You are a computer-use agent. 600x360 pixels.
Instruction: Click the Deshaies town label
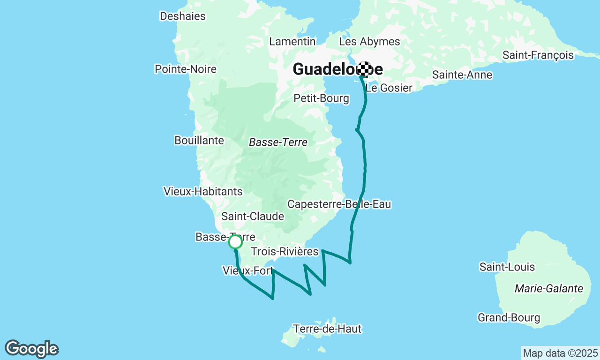click(182, 16)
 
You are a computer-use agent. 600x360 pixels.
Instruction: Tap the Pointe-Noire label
click(186, 69)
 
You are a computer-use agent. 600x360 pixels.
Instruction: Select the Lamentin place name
click(292, 41)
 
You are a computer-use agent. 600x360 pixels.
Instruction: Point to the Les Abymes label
click(369, 41)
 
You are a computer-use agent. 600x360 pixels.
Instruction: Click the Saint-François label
click(538, 55)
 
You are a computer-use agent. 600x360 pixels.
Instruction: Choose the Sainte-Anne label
click(462, 75)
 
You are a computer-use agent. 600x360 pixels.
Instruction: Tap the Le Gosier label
click(389, 88)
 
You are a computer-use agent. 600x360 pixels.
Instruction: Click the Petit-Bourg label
click(321, 98)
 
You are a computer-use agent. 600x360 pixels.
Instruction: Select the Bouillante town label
click(199, 140)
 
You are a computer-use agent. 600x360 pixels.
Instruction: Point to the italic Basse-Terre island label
click(278, 142)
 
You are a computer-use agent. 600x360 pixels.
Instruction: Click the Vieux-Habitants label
click(203, 191)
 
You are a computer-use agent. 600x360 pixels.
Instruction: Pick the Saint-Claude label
click(253, 216)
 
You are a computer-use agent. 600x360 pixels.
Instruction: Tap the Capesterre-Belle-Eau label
click(339, 204)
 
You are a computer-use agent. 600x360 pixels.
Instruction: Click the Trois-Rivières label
click(285, 252)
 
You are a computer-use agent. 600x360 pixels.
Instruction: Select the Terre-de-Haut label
click(327, 329)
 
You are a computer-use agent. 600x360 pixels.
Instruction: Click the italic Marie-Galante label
click(549, 288)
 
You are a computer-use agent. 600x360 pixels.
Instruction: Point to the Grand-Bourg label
click(509, 318)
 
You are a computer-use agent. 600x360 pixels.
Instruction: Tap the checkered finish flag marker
click(365, 69)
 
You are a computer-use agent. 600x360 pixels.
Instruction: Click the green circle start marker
click(235, 242)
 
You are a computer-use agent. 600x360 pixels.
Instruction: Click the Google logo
click(32, 349)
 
